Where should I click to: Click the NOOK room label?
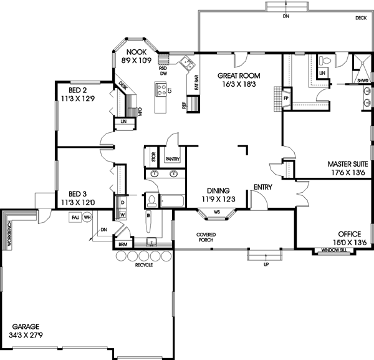(136, 53)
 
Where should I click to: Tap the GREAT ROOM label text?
(234, 75)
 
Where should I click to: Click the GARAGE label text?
(25, 326)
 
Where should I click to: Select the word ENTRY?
(262, 187)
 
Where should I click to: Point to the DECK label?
(361, 19)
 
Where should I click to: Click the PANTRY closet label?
(173, 159)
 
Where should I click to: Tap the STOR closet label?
(153, 156)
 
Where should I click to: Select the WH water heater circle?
(87, 217)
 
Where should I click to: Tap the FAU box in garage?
(75, 217)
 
